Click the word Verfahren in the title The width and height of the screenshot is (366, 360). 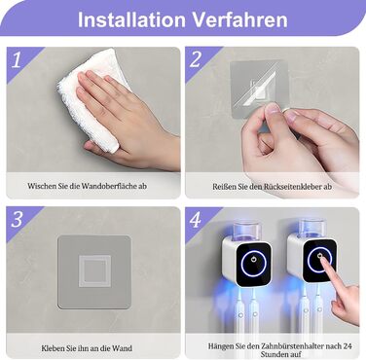click(240, 19)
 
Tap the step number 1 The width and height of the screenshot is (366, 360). click(17, 59)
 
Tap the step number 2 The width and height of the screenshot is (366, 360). click(196, 59)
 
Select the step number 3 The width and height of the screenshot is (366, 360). click(17, 220)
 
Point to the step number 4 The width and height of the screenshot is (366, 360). click(196, 220)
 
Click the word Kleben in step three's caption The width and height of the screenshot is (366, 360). click(53, 348)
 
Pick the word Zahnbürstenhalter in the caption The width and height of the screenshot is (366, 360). click(294, 346)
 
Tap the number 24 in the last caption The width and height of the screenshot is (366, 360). click(347, 346)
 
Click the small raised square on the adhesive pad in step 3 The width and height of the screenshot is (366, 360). click(94, 271)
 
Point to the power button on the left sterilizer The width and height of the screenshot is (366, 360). click(253, 260)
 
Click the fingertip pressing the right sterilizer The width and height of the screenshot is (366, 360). click(322, 258)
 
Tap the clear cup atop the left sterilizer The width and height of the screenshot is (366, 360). click(247, 230)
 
